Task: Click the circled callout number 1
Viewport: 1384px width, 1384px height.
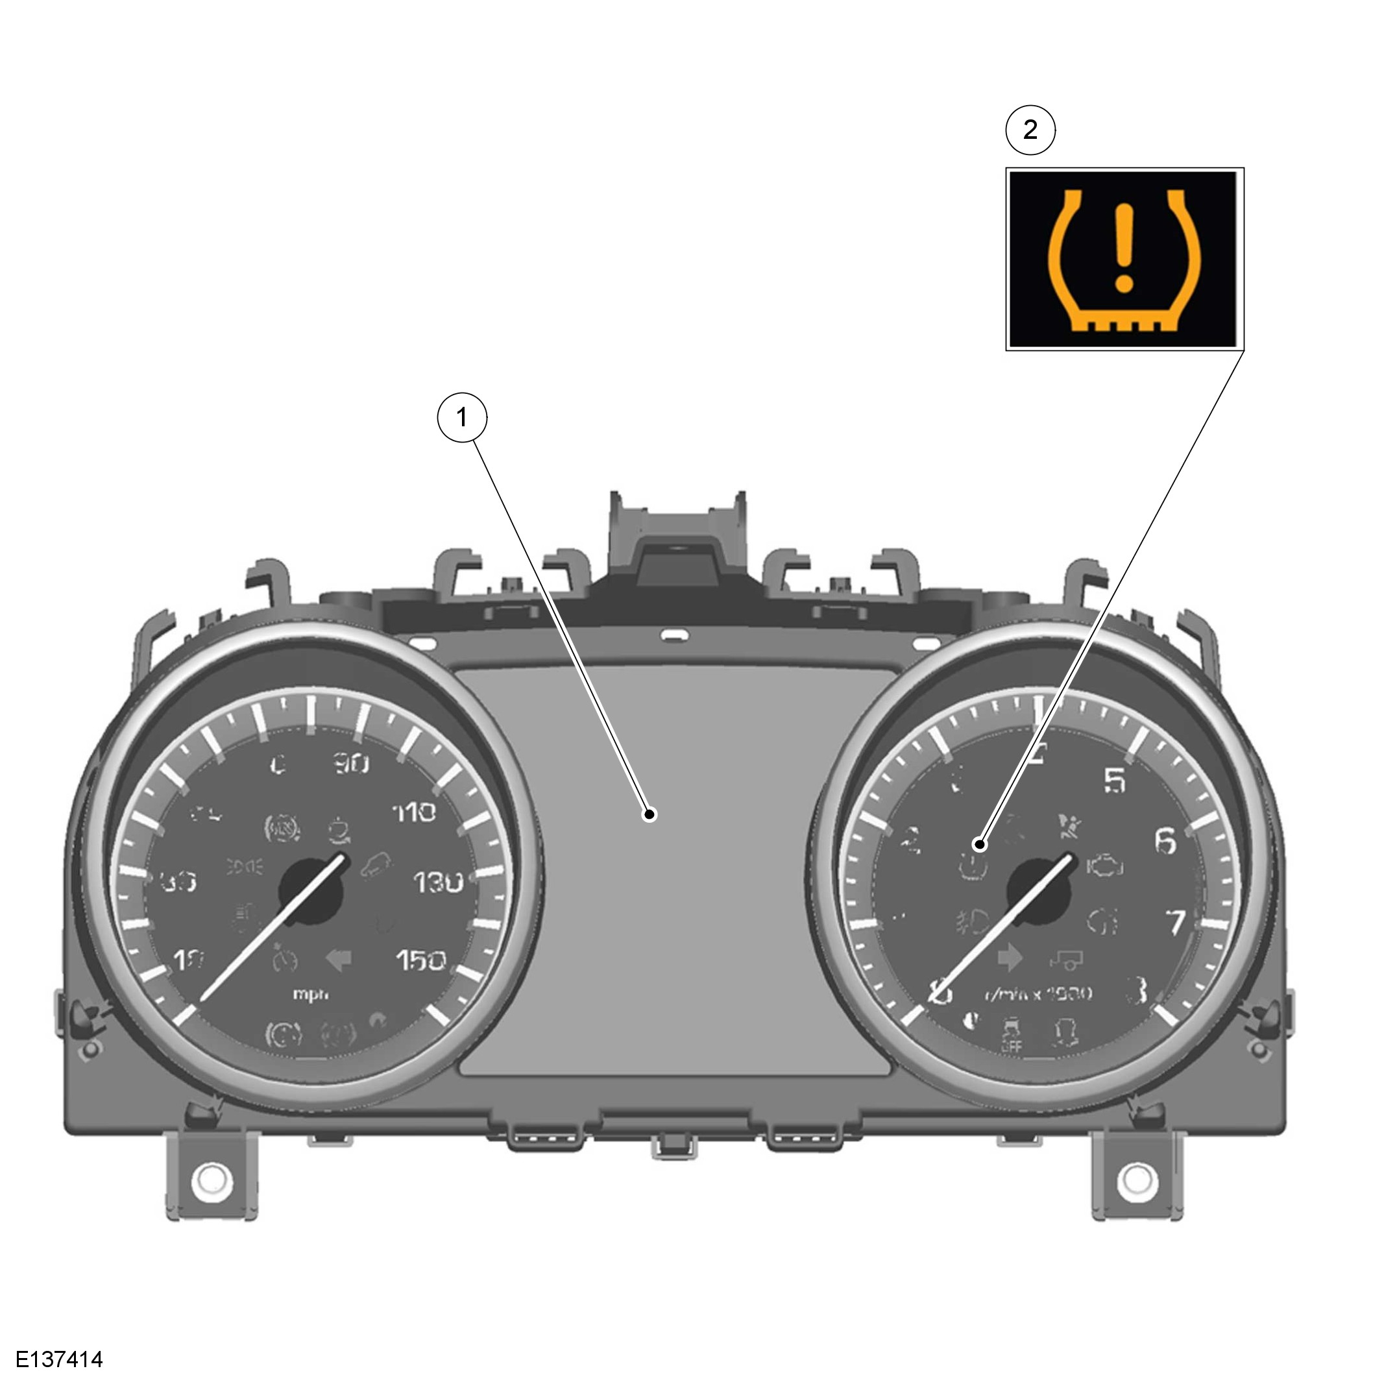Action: point(462,418)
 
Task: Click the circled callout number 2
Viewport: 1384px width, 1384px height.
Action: point(1030,130)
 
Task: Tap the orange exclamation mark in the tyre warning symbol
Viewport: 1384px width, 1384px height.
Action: point(1124,248)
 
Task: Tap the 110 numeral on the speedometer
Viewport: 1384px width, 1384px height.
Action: point(414,813)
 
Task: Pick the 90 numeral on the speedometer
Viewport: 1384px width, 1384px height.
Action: point(352,765)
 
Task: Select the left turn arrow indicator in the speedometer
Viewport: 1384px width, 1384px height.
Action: point(339,960)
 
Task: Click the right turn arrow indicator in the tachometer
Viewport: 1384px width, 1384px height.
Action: point(1010,958)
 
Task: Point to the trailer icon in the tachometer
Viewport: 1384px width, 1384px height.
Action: point(1067,960)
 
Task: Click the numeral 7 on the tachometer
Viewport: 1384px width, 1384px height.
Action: point(1176,922)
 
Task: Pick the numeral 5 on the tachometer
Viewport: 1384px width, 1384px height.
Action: point(1115,780)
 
